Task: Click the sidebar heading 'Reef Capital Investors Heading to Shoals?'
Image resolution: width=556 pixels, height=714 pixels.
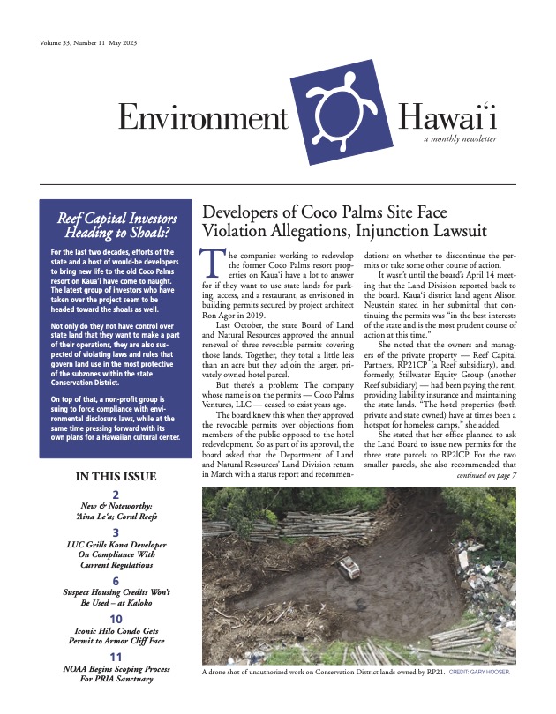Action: coord(116,227)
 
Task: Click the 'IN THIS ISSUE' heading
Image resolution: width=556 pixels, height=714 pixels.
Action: coord(116,477)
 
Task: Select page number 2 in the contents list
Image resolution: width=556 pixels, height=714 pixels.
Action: coord(116,495)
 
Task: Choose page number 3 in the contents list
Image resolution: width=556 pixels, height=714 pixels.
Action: coord(116,533)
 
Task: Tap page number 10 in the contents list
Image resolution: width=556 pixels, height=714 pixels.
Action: coord(116,619)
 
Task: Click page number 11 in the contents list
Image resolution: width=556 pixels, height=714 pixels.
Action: coord(116,658)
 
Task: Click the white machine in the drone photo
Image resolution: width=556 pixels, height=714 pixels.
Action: coord(349,568)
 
